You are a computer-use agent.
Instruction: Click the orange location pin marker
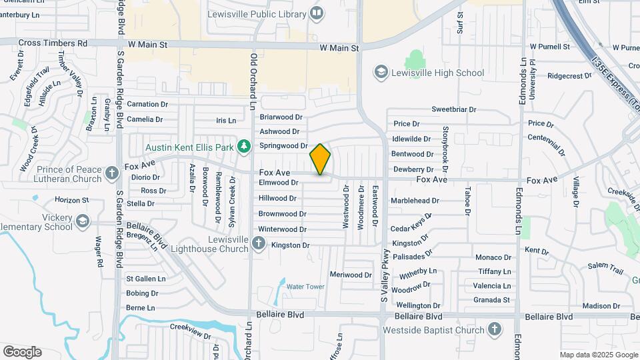[x=320, y=159]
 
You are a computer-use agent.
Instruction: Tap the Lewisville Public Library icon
[x=317, y=12]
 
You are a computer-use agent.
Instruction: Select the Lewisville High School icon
[x=381, y=73]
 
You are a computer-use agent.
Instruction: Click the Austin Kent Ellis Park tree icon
[x=244, y=146]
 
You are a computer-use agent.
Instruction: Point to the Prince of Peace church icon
[x=112, y=175]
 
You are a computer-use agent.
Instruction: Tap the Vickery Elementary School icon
[x=82, y=221]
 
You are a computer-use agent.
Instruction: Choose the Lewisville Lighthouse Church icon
[x=259, y=244]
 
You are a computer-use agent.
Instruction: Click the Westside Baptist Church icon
[x=494, y=329]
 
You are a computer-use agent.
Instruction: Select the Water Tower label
[x=305, y=287]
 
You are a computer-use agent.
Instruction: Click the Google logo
[x=22, y=352]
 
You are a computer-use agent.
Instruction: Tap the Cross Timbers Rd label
[x=53, y=43]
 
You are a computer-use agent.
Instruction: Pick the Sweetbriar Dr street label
[x=453, y=109]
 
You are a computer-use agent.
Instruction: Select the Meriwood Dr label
[x=351, y=275]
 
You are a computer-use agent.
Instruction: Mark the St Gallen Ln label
[x=141, y=279]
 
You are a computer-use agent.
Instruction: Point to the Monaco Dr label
[x=493, y=257]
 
